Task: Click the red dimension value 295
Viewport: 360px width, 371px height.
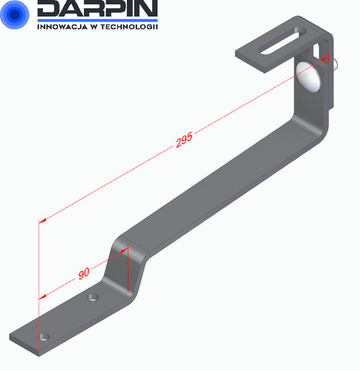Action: [184, 140]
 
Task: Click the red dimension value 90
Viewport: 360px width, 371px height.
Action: [84, 273]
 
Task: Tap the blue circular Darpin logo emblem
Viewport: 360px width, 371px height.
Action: [15, 14]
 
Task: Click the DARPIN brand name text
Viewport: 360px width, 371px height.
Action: [97, 8]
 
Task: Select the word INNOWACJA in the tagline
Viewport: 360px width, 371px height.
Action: [62, 27]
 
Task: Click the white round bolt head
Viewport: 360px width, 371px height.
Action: [308, 76]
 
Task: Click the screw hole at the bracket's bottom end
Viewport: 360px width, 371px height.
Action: [44, 337]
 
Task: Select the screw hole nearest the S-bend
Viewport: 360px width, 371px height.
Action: [94, 296]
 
